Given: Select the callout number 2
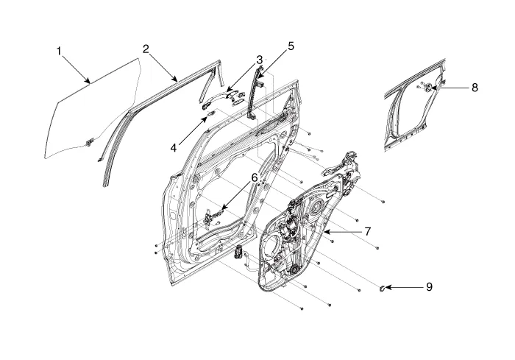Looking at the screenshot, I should click(146, 49).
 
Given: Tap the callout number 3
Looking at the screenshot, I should click(259, 59).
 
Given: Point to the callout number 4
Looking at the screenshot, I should click(174, 147).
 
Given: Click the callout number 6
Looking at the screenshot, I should click(254, 177).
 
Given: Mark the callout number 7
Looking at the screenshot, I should click(367, 231).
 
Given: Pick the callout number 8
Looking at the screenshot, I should click(475, 87).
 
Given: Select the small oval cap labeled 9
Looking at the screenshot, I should click(383, 286).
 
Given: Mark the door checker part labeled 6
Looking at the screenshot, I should click(213, 216).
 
